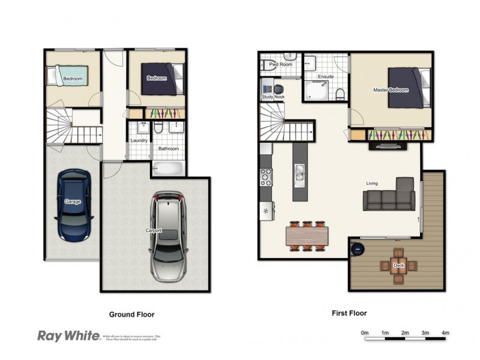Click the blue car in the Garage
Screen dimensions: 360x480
(73, 204)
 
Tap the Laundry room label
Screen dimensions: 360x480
(139, 141)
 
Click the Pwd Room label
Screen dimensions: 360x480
(280, 64)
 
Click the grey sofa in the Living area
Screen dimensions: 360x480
(389, 195)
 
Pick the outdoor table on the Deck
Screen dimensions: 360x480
(398, 265)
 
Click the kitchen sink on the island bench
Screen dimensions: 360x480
(299, 175)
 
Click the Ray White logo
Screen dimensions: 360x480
(68, 335)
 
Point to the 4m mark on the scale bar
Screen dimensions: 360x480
(445, 332)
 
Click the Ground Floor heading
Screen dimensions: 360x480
(131, 314)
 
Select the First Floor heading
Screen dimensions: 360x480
(349, 313)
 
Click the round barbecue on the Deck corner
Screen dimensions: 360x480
(358, 247)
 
